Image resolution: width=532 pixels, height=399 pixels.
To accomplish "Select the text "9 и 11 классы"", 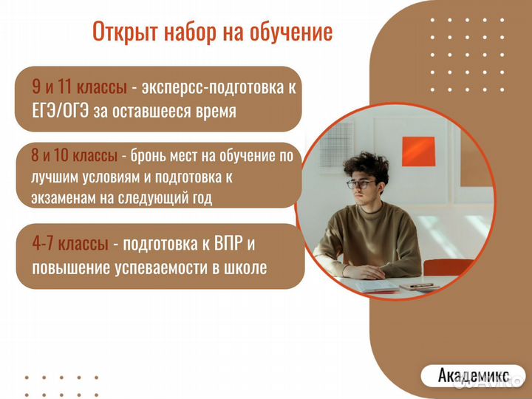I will (80, 87).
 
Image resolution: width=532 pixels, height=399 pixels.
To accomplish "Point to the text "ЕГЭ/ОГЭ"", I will (60, 111).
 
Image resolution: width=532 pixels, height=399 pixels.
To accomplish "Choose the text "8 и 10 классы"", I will (74, 156).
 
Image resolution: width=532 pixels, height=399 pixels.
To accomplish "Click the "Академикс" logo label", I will (473, 374).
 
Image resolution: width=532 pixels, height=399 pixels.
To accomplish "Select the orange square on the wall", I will (417, 151).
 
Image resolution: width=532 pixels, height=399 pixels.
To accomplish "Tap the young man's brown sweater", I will (368, 236).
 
